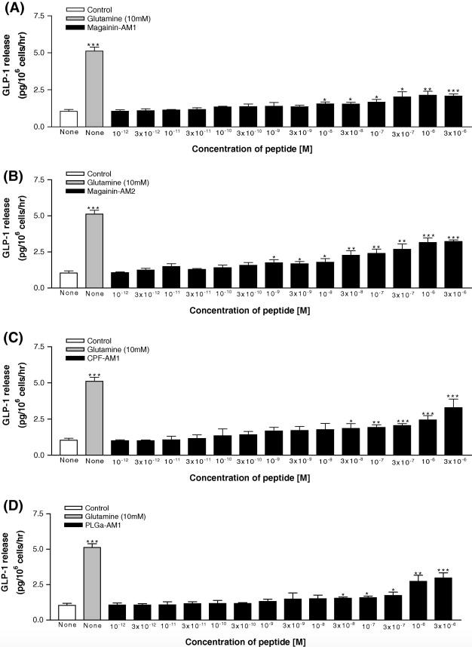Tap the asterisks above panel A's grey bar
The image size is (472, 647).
(94, 45)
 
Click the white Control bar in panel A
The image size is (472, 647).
(69, 118)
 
